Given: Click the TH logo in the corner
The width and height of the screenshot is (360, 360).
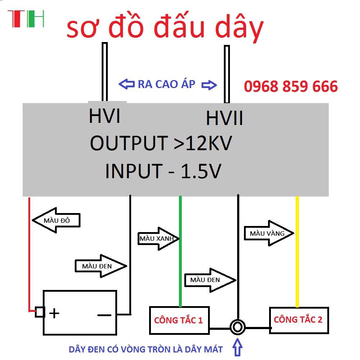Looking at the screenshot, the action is pyautogui.click(x=26, y=19).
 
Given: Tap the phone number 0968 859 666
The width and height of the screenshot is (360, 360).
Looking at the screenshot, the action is pyautogui.click(x=291, y=86).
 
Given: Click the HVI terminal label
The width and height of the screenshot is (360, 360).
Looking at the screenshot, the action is pyautogui.click(x=105, y=116).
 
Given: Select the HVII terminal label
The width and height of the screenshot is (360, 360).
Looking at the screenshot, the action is pyautogui.click(x=224, y=118).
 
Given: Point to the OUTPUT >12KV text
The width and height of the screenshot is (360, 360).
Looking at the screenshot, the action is pyautogui.click(x=161, y=143).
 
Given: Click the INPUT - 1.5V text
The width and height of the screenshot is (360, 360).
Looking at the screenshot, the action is pyautogui.click(x=163, y=171).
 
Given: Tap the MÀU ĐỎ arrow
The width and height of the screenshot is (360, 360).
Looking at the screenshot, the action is pyautogui.click(x=56, y=220).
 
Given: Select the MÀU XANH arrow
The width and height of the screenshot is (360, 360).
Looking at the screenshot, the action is pyautogui.click(x=158, y=239).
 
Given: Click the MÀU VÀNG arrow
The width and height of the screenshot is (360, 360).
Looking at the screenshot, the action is pyautogui.click(x=269, y=233).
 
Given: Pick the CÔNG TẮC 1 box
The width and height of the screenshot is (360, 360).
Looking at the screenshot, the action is pyautogui.click(x=179, y=320).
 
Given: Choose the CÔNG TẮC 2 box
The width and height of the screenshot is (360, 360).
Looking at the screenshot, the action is pyautogui.click(x=299, y=320).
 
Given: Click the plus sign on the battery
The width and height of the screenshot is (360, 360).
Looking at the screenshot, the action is pyautogui.click(x=54, y=313).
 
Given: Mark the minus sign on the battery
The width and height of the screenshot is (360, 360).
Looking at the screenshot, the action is pyautogui.click(x=105, y=315).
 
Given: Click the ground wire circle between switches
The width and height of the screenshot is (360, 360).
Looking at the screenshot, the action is pyautogui.click(x=237, y=327).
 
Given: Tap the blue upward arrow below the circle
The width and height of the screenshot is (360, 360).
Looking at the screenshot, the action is pyautogui.click(x=237, y=347).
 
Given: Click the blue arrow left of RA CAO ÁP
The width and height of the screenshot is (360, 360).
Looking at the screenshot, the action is pyautogui.click(x=126, y=84).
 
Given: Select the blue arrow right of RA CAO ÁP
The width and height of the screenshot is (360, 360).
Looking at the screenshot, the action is pyautogui.click(x=209, y=85).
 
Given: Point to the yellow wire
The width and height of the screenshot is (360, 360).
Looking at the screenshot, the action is pyautogui.click(x=297, y=251).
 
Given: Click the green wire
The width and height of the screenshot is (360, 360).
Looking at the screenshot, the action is pyautogui.click(x=180, y=251).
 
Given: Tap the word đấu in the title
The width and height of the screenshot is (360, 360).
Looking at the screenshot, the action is pyautogui.click(x=179, y=25).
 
